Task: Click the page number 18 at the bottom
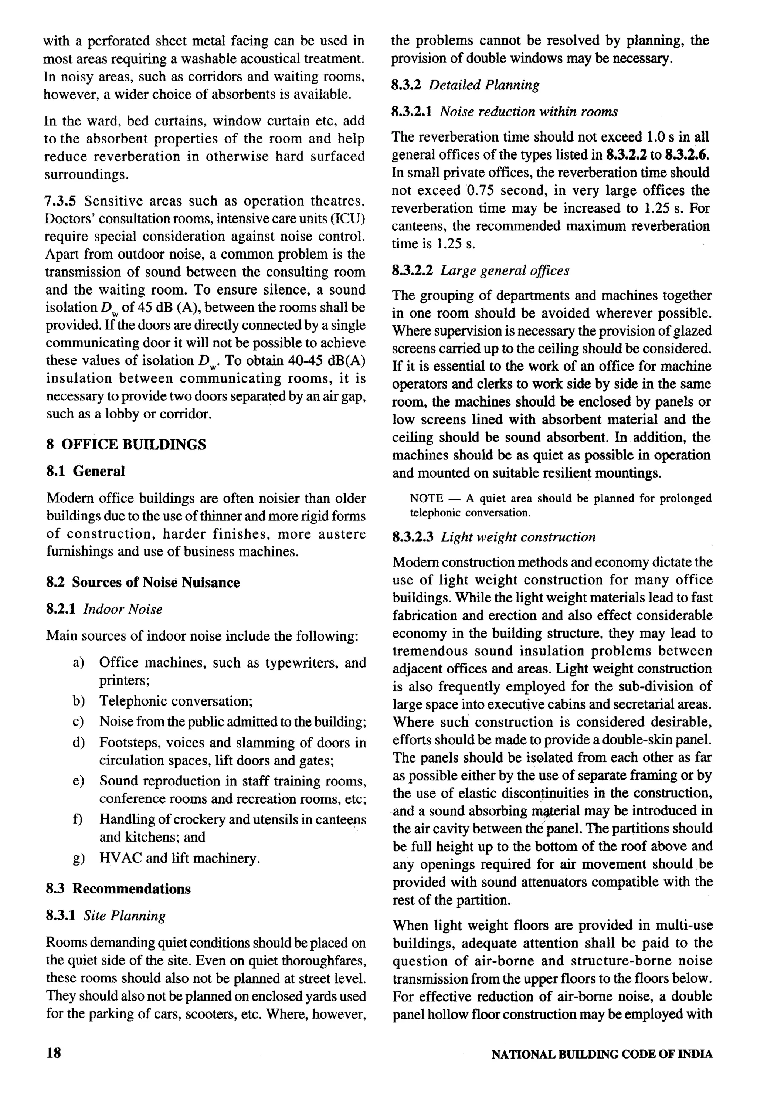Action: pos(54,1053)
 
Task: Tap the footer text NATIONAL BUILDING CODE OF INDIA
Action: pos(602,1054)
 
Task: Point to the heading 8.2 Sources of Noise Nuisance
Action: pos(143,582)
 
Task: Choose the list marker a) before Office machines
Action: pos(79,663)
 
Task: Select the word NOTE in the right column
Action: pos(427,498)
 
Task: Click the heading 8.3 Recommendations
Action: pos(118,889)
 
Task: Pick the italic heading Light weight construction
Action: pos(518,537)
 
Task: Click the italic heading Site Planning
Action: pos(124,916)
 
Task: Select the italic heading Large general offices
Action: pos(505,271)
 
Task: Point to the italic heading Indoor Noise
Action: pos(123,609)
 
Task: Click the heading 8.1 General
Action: pos(86,471)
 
